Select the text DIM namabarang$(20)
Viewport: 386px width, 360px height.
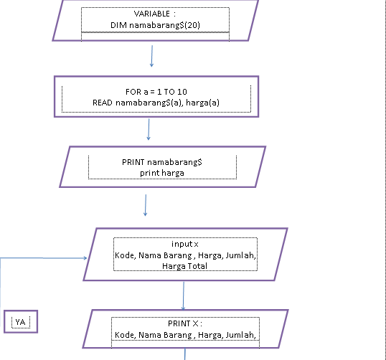coord(155,25)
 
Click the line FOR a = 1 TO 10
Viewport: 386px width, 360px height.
coord(155,92)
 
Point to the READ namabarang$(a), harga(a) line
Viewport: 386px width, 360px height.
coord(156,103)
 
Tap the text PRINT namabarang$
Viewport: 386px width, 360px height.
coord(162,162)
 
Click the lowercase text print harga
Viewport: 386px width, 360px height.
coord(162,173)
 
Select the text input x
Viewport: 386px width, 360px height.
coord(184,244)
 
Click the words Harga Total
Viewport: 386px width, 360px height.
coord(185,265)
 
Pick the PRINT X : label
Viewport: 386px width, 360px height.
coord(186,323)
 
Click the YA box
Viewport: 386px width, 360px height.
coord(20,323)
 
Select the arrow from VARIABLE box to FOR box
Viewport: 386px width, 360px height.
coord(152,57)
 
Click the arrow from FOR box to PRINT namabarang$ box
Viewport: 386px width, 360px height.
coord(149,129)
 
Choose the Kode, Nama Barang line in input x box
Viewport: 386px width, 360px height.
coord(185,255)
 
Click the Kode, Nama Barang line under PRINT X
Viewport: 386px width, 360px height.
coord(185,334)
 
